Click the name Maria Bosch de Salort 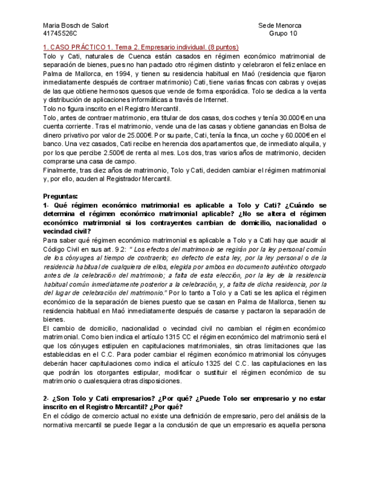[76, 25]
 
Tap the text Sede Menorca [280, 25]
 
